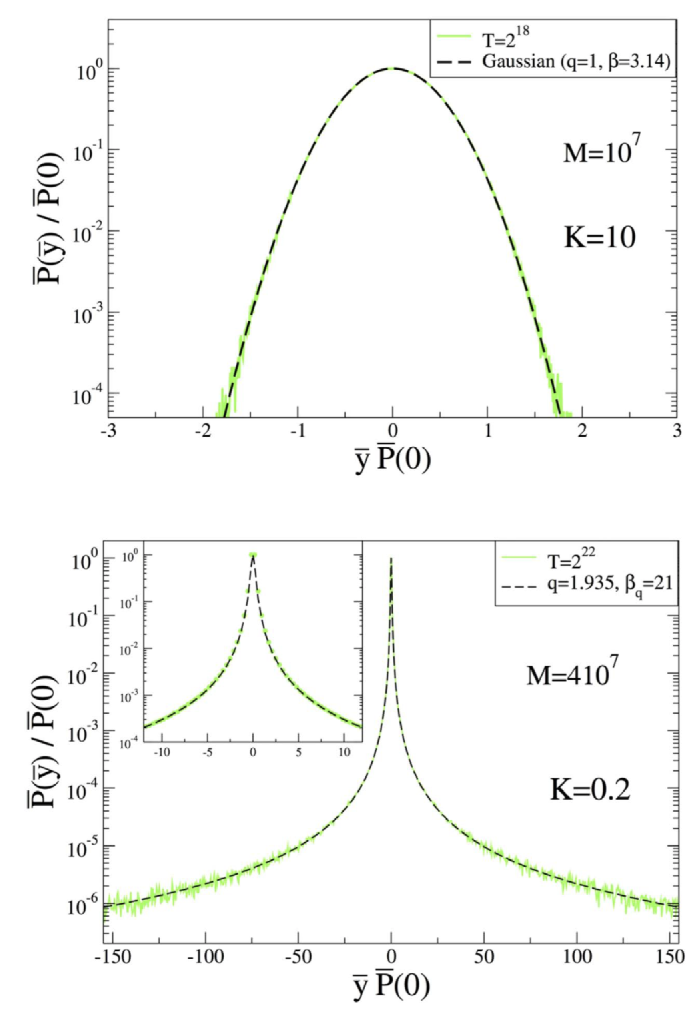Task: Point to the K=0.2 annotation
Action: click(x=589, y=790)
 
